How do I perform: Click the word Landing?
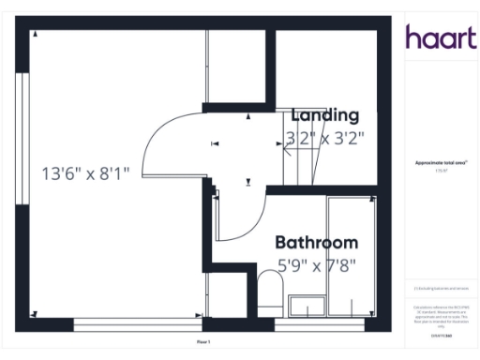tap(325, 115)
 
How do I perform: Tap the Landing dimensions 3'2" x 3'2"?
tap(325, 137)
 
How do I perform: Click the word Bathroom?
tap(316, 242)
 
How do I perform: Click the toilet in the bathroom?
tap(269, 291)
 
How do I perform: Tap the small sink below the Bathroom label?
tap(306, 305)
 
